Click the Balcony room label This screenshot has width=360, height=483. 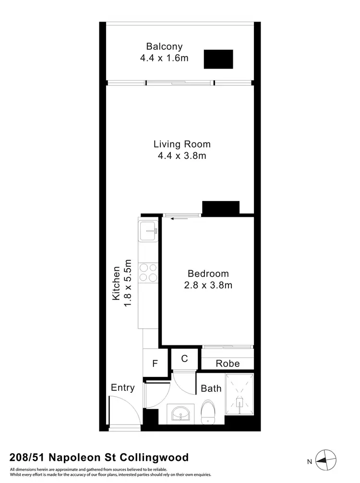[164, 47]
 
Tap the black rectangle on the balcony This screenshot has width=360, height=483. [218, 59]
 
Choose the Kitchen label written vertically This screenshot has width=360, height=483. [116, 283]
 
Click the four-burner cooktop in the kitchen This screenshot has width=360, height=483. [148, 272]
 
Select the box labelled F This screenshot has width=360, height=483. [155, 364]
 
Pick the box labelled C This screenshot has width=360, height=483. [184, 358]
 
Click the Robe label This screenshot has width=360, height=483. [227, 364]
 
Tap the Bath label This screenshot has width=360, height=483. [211, 388]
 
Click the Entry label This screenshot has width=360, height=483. [122, 388]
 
